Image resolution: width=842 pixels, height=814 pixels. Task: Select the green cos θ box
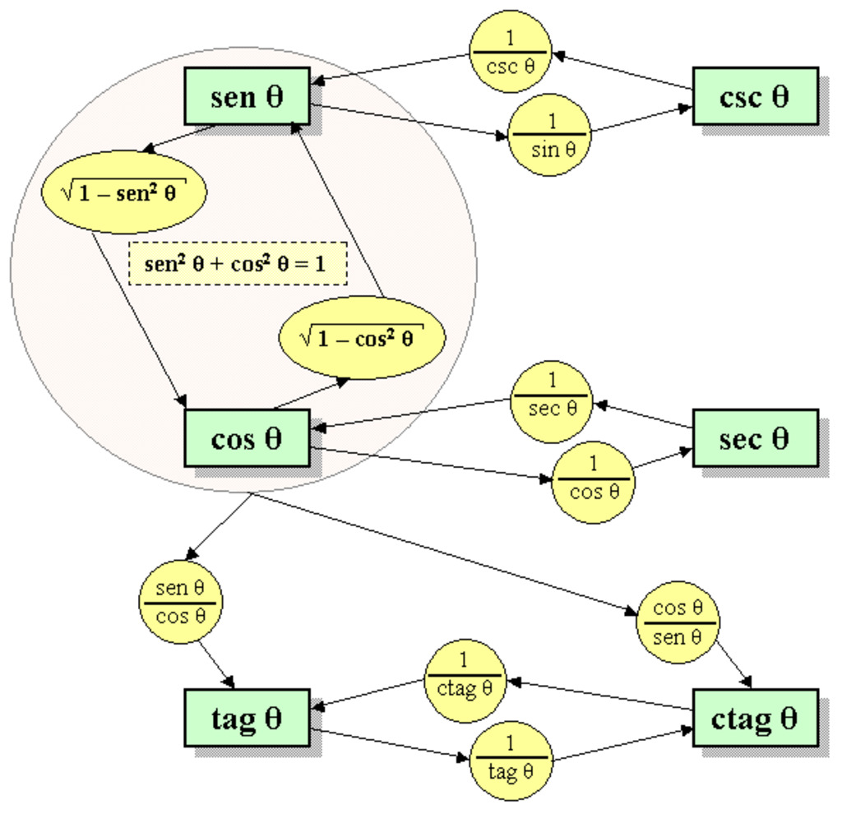pyautogui.click(x=246, y=437)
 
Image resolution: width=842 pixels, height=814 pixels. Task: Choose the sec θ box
pyautogui.click(x=755, y=437)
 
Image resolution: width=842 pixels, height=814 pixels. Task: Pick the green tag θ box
pyautogui.click(x=246, y=718)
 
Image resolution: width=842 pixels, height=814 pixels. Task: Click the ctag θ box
pyautogui.click(x=755, y=718)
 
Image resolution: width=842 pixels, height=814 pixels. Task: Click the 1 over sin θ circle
pyautogui.click(x=550, y=135)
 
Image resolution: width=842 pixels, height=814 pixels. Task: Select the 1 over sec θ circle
pyautogui.click(x=552, y=402)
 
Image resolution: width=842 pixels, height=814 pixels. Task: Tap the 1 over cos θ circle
pyautogui.click(x=593, y=482)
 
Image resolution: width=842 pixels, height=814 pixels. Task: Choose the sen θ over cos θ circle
pyautogui.click(x=181, y=601)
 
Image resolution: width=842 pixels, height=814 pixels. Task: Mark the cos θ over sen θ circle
pyautogui.click(x=678, y=622)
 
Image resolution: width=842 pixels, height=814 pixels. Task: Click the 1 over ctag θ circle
pyautogui.click(x=464, y=682)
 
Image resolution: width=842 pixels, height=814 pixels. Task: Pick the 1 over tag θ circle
pyautogui.click(x=510, y=760)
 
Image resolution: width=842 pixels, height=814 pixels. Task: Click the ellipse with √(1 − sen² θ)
pyautogui.click(x=123, y=192)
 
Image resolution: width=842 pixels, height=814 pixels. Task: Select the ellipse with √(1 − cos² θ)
pyautogui.click(x=363, y=337)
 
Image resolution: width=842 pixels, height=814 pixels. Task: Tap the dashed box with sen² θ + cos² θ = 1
pyautogui.click(x=238, y=263)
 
